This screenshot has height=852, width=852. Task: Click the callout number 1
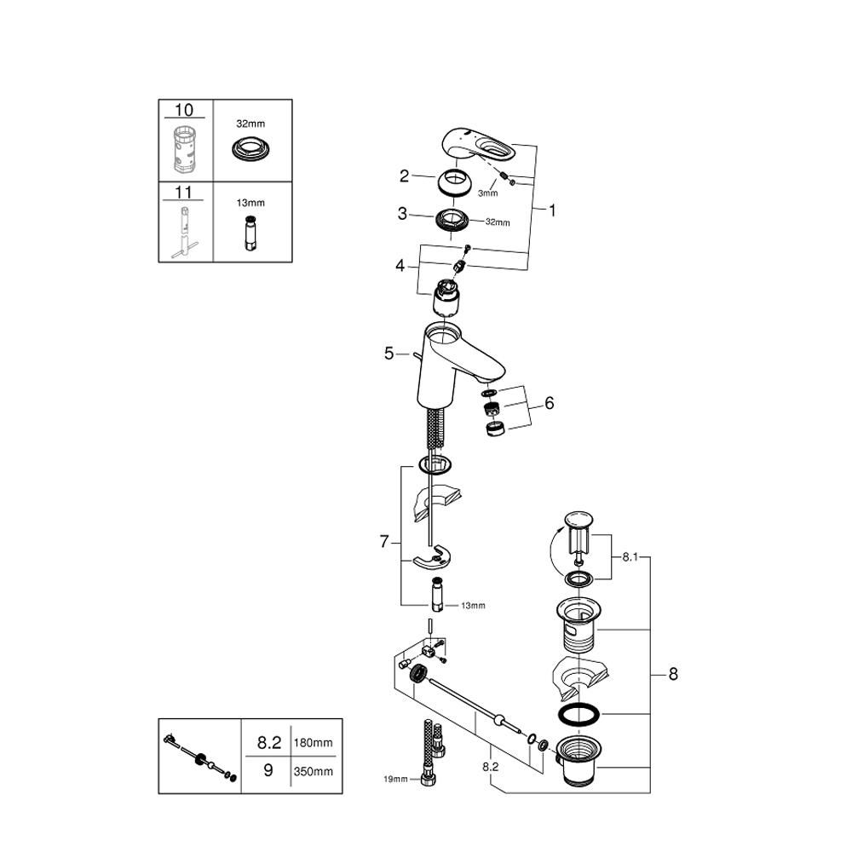(551, 210)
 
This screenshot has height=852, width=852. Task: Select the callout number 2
(405, 176)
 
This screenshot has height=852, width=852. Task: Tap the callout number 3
(402, 214)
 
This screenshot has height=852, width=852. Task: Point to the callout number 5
(389, 353)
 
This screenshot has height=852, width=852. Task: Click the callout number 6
(549, 403)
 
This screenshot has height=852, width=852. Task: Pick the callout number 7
(384, 541)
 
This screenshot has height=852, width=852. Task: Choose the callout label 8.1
(630, 556)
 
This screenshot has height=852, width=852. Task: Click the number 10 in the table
(184, 110)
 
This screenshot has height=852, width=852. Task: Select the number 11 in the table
(184, 193)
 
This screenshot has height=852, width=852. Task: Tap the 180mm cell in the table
(313, 743)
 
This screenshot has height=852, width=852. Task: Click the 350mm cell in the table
(313, 772)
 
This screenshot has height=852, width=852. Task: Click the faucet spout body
(452, 358)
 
